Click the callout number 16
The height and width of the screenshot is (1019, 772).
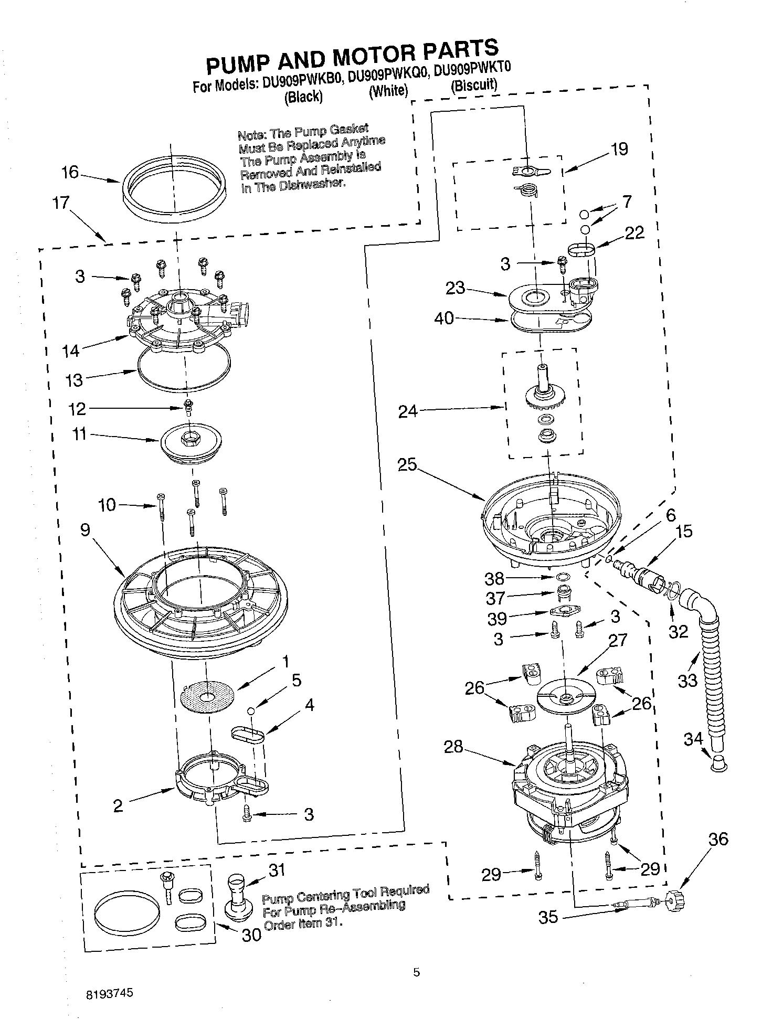click(70, 172)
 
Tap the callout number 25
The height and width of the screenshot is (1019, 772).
click(407, 465)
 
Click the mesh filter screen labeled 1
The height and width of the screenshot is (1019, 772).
click(206, 696)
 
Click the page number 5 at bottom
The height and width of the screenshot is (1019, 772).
click(416, 973)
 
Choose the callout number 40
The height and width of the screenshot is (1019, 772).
click(444, 318)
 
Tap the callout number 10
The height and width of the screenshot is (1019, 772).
click(107, 505)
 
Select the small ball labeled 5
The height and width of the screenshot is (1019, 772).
click(251, 710)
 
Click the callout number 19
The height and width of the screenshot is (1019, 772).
click(619, 149)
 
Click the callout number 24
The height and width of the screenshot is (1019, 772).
click(408, 411)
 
